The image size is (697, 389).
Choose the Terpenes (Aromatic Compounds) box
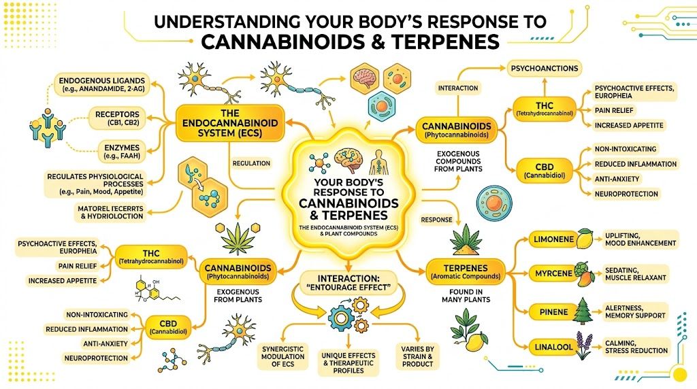click(x=466, y=270)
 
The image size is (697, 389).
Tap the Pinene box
click(x=548, y=311)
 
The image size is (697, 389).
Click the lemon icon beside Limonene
click(x=584, y=239)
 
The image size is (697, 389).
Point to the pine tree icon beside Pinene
click(x=583, y=311)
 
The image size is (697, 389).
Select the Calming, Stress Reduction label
click(x=636, y=346)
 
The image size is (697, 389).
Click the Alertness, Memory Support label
click(x=636, y=311)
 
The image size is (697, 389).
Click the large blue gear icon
click(x=340, y=318)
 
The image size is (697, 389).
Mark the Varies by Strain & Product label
click(x=417, y=356)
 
